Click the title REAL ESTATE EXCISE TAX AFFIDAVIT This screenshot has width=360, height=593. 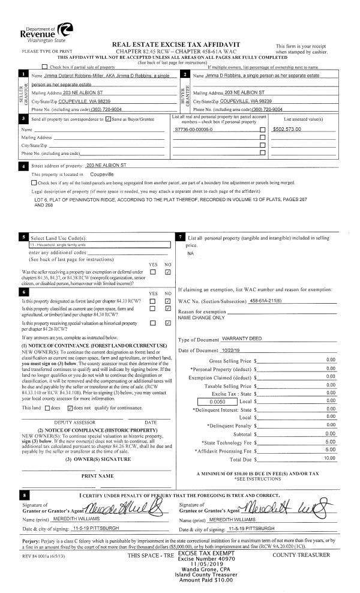[x=176, y=45]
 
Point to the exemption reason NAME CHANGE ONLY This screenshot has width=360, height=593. [x=201, y=318]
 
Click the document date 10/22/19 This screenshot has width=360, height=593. [x=231, y=351]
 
